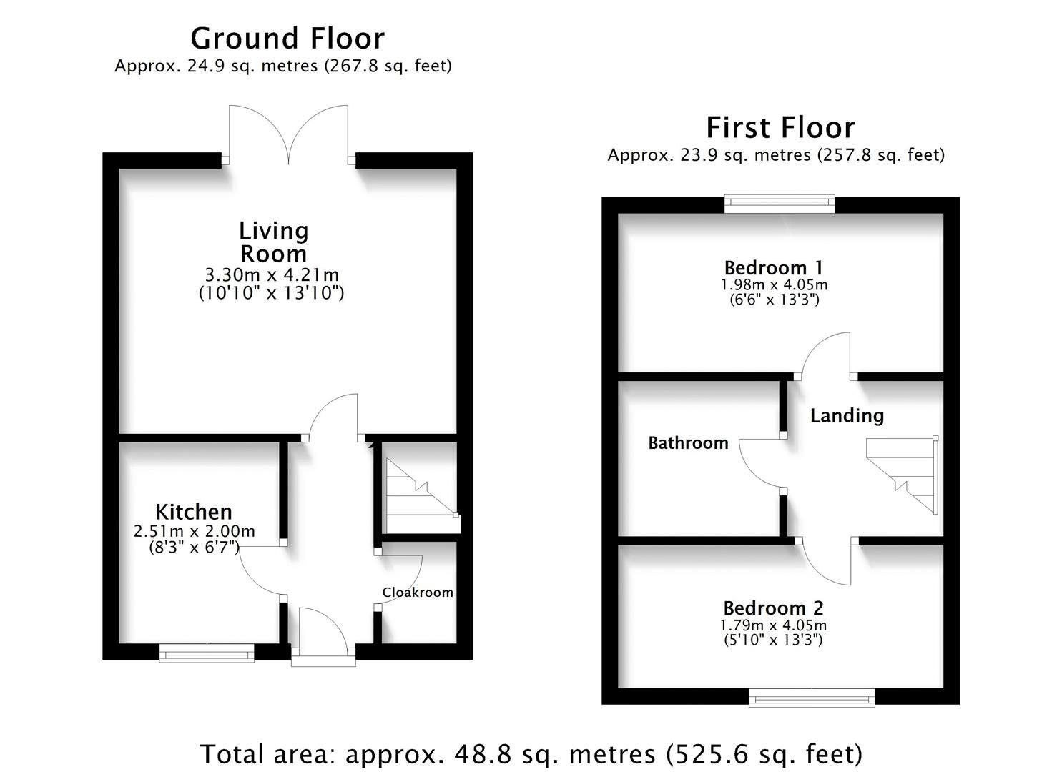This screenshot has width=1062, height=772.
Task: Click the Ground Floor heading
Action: (287, 39)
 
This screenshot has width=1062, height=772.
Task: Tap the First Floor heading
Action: (780, 127)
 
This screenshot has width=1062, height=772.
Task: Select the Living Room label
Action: (274, 242)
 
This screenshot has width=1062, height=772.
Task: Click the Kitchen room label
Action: (194, 512)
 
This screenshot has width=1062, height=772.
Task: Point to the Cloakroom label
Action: (418, 593)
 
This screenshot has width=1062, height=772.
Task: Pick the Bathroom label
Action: (689, 442)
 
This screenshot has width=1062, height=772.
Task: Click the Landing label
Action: (847, 415)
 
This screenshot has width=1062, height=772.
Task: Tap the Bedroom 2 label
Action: (773, 608)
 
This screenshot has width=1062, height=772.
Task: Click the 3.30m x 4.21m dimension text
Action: (272, 274)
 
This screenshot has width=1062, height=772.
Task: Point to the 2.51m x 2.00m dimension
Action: (194, 531)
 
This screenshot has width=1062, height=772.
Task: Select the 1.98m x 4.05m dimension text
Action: (774, 284)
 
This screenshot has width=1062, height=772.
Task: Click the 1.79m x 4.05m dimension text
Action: (773, 625)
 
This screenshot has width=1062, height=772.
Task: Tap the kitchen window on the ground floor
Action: (207, 653)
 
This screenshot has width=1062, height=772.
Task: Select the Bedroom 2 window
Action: (812, 698)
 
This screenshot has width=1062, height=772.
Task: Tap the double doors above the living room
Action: (288, 135)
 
